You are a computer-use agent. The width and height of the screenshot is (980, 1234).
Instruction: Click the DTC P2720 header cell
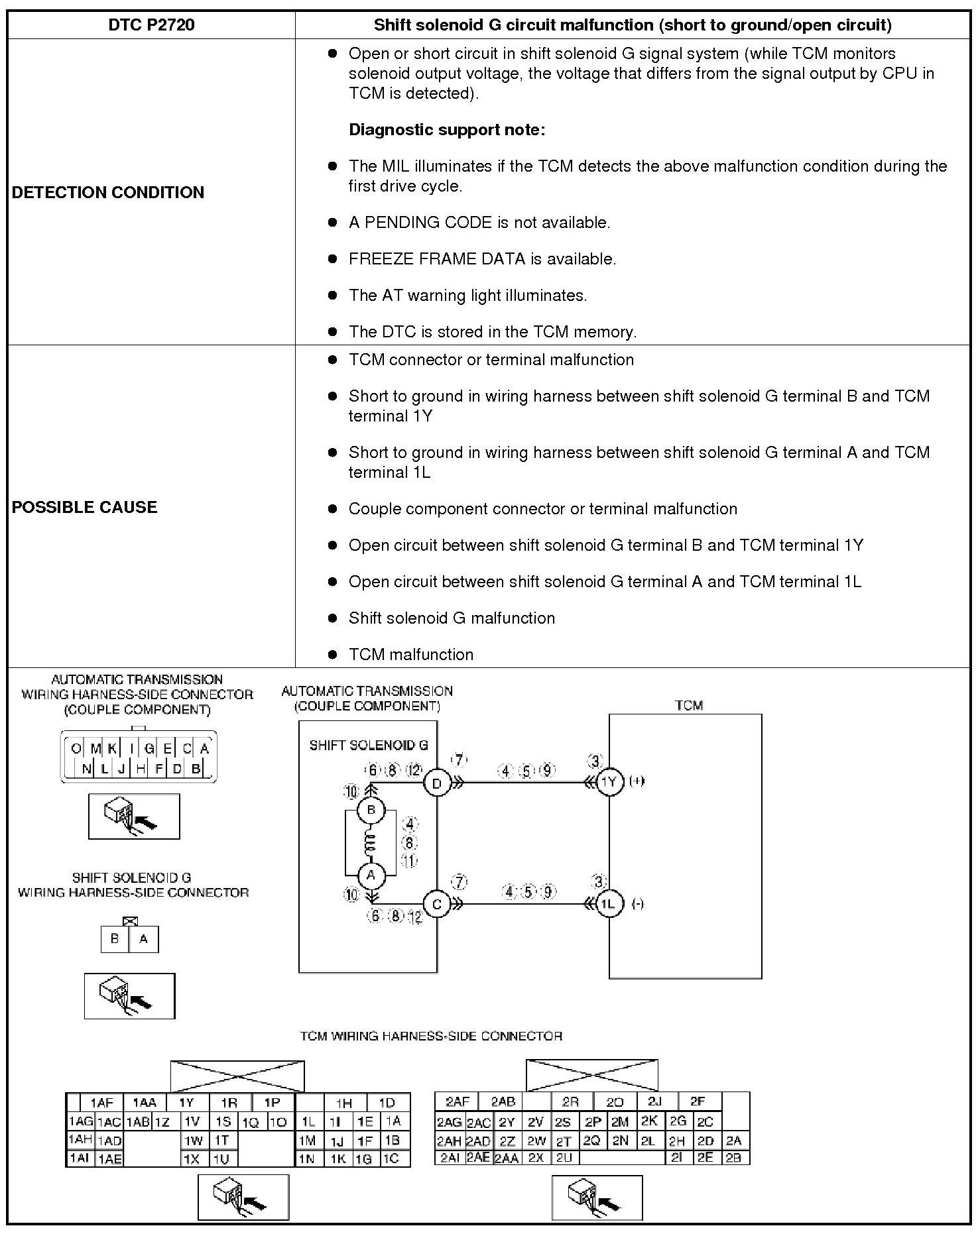click(x=151, y=25)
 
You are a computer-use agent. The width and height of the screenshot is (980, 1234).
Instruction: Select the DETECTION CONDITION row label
click(x=108, y=192)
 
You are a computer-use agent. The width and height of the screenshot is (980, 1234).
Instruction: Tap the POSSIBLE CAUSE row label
click(x=85, y=507)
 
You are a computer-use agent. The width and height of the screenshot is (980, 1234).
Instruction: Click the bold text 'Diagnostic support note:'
click(x=447, y=130)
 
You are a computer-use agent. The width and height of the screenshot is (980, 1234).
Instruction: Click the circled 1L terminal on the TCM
click(x=609, y=904)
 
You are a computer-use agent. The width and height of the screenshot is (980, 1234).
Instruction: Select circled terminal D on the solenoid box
click(x=437, y=783)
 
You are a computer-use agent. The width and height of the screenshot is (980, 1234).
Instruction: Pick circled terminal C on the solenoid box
click(x=437, y=904)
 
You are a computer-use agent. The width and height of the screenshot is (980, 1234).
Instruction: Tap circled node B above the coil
click(x=371, y=810)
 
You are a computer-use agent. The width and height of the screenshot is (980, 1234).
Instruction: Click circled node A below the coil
click(x=371, y=875)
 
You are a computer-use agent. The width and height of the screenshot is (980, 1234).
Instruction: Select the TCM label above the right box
click(x=688, y=705)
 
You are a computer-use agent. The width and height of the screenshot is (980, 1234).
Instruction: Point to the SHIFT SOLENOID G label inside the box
click(x=368, y=745)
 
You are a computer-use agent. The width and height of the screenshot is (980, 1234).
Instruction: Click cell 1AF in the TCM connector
click(x=101, y=1103)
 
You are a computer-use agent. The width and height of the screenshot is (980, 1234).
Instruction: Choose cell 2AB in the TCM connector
click(x=503, y=1101)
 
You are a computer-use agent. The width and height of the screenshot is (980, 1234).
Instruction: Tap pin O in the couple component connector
click(x=76, y=749)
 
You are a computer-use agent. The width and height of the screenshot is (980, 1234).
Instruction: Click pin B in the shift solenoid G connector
click(x=115, y=939)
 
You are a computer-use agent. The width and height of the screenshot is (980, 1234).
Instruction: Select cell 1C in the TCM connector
click(x=391, y=1158)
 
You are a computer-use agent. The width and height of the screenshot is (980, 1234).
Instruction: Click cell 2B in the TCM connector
click(x=733, y=1158)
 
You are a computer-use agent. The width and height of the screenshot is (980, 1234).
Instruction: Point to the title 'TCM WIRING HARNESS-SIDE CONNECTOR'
click(x=431, y=1036)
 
